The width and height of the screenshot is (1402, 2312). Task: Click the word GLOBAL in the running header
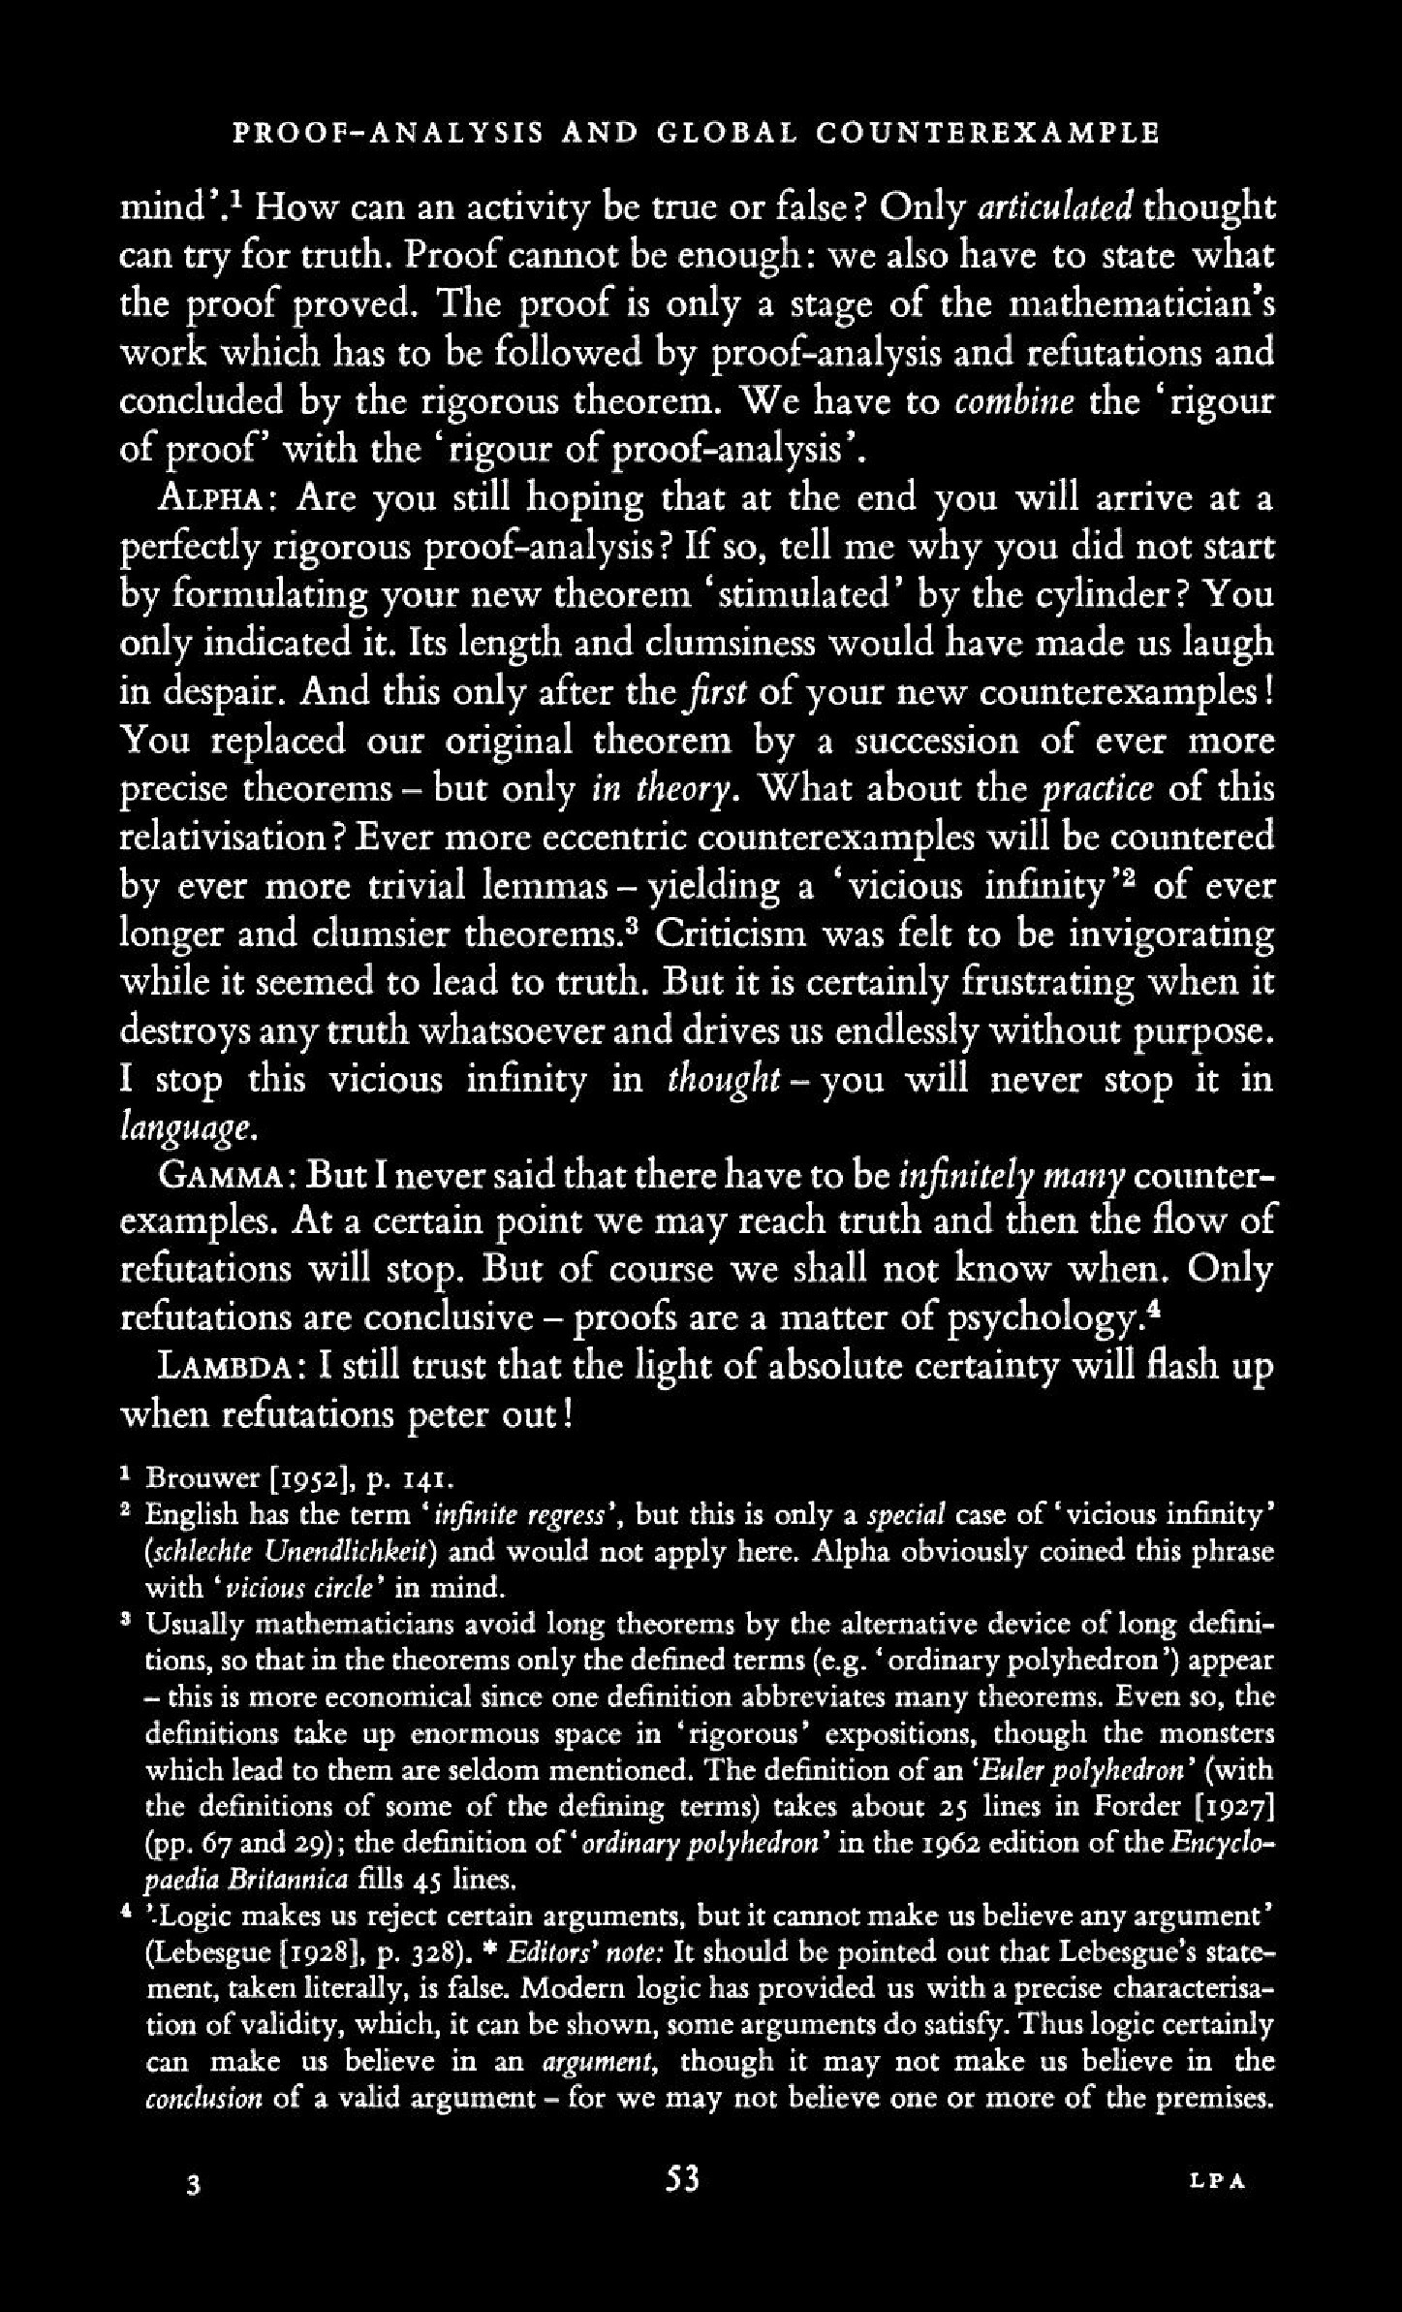click(725, 133)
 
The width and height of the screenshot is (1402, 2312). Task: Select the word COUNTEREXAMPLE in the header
click(987, 133)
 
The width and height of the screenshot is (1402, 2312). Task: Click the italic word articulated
click(1057, 208)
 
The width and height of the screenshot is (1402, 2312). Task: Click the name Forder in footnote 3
click(1135, 1807)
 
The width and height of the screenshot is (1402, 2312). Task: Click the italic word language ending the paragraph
click(187, 1127)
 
